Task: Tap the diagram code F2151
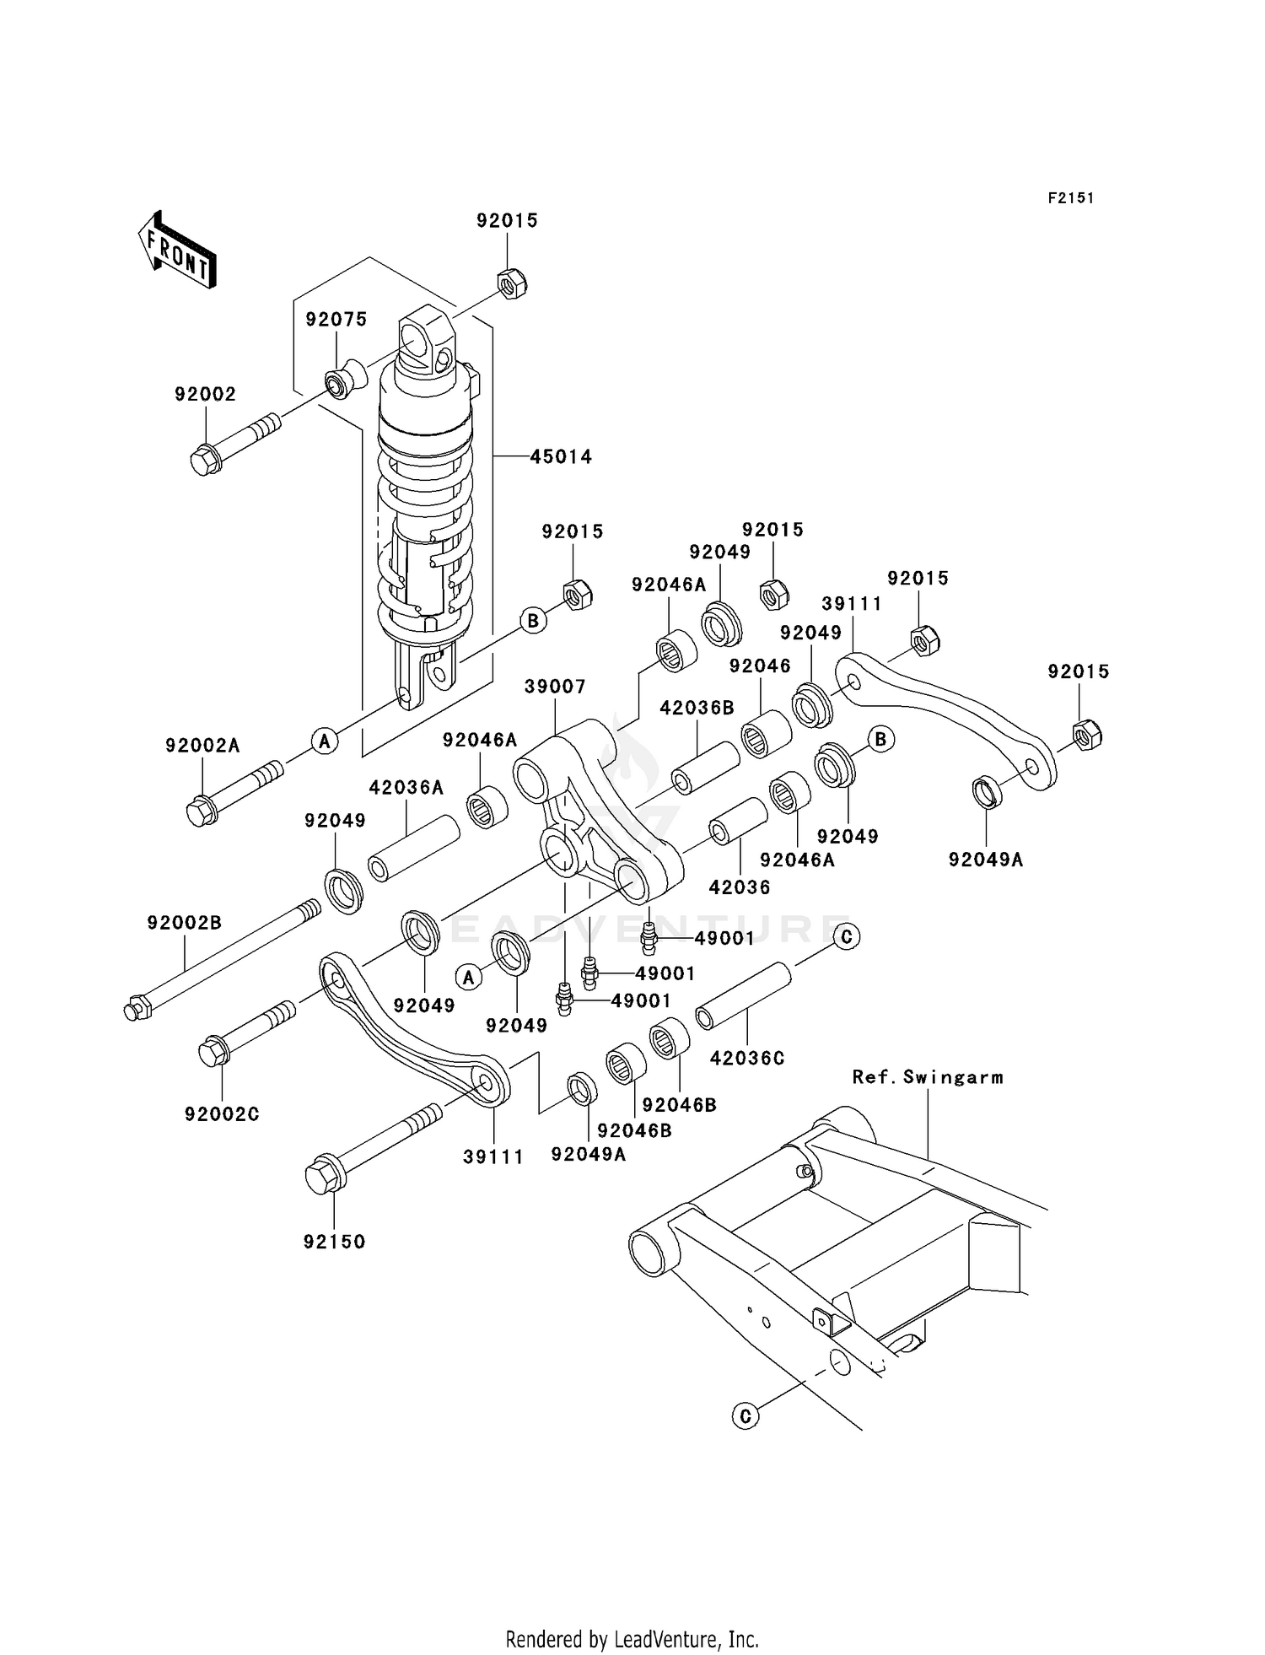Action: (1070, 198)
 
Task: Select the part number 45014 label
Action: (561, 456)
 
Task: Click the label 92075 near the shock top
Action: (336, 319)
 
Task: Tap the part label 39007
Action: (554, 687)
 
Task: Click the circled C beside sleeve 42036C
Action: (846, 936)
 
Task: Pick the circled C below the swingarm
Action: (745, 1415)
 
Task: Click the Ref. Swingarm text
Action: (928, 1077)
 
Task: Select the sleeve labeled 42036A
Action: (414, 849)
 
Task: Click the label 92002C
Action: (222, 1114)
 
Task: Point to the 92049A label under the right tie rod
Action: (985, 860)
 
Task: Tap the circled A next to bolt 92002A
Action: (324, 741)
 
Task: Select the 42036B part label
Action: (697, 708)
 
